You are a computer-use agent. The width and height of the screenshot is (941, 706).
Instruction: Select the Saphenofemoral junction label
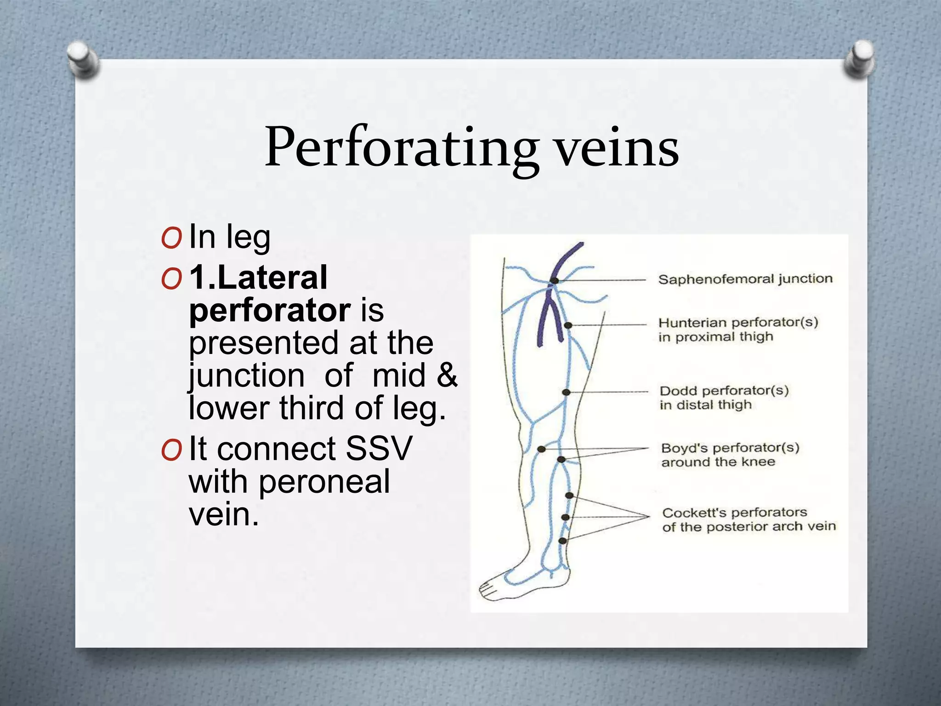point(745,279)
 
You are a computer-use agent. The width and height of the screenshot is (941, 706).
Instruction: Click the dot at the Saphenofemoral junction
point(555,280)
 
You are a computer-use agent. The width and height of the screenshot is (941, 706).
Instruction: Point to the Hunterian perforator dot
point(568,325)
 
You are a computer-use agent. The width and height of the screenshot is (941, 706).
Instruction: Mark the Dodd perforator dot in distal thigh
point(566,392)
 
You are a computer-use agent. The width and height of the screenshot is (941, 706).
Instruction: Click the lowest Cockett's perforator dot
point(562,541)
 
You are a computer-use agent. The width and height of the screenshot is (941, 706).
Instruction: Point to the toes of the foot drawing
point(486,589)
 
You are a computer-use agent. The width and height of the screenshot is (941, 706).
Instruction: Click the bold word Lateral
point(272,278)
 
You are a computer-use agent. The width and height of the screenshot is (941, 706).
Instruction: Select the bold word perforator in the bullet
point(270,310)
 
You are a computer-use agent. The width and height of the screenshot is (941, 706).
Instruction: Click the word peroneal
point(324,481)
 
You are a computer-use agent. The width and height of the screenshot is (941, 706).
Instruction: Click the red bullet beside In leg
point(172,238)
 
